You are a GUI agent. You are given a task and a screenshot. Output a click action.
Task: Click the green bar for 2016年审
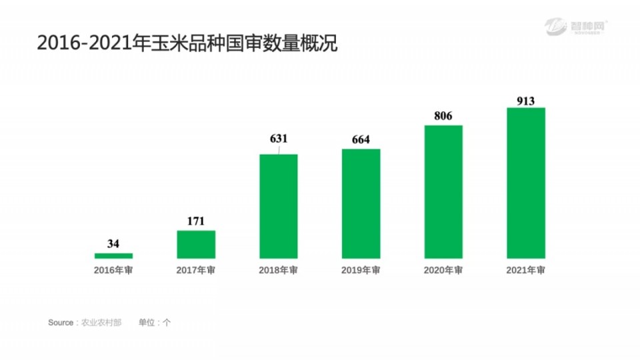[x=113, y=255]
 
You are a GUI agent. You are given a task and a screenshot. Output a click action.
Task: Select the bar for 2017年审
[x=196, y=244]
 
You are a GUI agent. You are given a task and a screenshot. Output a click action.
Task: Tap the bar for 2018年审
[x=279, y=206]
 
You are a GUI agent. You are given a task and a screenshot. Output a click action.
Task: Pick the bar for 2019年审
[x=361, y=203]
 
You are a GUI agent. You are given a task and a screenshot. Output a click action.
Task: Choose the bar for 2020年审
[x=443, y=191]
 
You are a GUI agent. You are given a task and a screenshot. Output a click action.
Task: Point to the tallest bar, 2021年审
[x=526, y=183]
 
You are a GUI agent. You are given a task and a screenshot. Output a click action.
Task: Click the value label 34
[x=113, y=244]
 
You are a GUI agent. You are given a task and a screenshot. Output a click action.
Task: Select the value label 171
[x=196, y=221]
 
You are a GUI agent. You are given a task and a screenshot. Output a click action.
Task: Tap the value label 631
[x=279, y=139]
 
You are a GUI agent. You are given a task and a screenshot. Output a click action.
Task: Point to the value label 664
[x=361, y=139]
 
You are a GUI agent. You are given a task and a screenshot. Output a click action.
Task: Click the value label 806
[x=443, y=116]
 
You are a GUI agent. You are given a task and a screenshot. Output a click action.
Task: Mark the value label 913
[x=526, y=101]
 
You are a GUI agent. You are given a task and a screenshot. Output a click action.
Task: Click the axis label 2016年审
[x=113, y=271]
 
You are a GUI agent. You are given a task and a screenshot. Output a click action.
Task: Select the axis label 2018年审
[x=279, y=271]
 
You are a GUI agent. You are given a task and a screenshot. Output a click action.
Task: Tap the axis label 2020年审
[x=443, y=271]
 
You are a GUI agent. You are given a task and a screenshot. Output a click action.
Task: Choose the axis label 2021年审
[x=526, y=271]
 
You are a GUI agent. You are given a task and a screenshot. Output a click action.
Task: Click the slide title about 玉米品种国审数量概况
[x=187, y=44]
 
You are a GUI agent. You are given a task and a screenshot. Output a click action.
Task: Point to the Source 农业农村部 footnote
[x=85, y=323]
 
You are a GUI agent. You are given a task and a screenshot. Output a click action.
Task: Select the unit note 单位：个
[x=155, y=323]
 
